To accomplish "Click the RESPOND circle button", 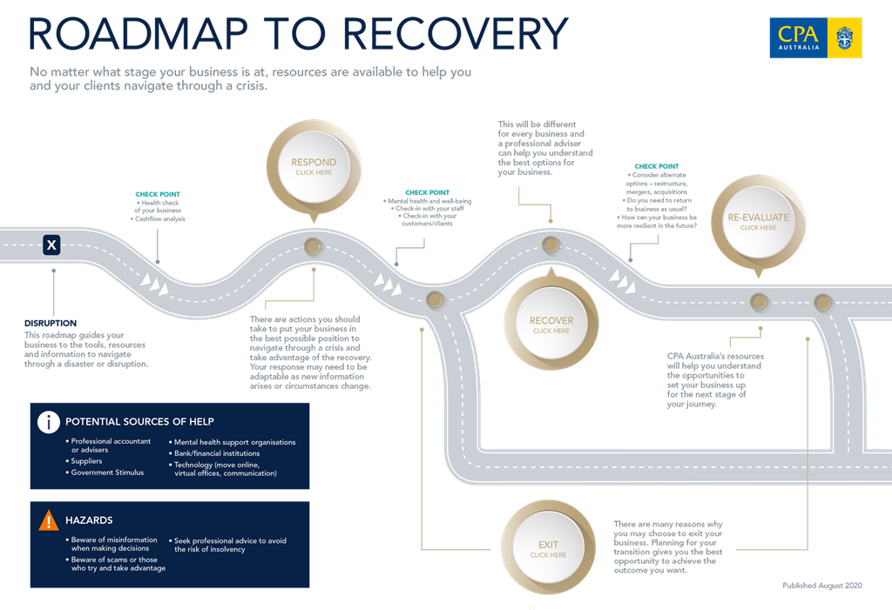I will coord(313,166).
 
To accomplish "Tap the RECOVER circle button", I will coord(551,325).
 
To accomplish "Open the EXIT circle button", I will coord(547,549).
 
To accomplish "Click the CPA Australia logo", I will coord(815,37).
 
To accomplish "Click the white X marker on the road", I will coord(52,245).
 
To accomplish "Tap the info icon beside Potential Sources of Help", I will coord(49,422).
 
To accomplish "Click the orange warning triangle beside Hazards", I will coord(49,520).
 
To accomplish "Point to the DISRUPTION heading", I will coord(51,323).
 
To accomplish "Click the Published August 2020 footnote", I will coord(821,586).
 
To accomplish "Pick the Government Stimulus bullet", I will coord(105,473).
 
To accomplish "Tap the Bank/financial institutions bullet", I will coord(217,453).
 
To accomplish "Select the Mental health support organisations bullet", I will coord(234,442).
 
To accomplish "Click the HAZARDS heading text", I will coord(89,520).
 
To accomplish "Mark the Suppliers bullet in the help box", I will coord(86,461).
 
